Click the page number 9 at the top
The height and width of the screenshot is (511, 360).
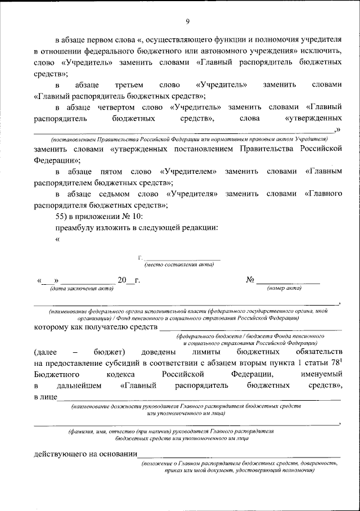[x=187, y=22]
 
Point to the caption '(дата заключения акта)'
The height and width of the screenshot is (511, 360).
[x=82, y=288]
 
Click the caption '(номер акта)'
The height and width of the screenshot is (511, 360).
[x=284, y=288]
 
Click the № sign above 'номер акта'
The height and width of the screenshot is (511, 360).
[x=251, y=280]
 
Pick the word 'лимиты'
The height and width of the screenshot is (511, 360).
[x=200, y=352]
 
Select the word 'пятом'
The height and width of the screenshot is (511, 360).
[x=109, y=171]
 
